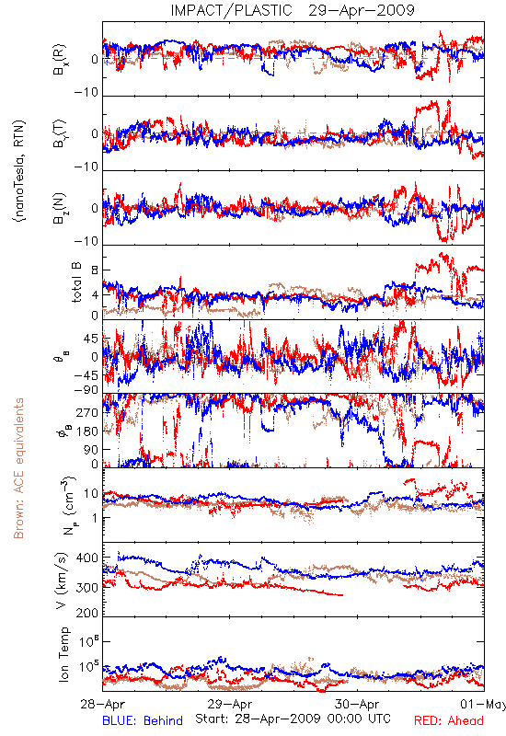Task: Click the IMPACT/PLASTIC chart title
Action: [x=231, y=10]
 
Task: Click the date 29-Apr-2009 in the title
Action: [x=362, y=10]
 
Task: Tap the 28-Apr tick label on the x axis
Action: [x=102, y=704]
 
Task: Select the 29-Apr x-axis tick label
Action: [x=230, y=704]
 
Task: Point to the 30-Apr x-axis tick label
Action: [x=357, y=704]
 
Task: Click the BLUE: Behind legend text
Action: [x=143, y=721]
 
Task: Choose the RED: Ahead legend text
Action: [x=449, y=721]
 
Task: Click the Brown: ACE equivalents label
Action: [x=18, y=468]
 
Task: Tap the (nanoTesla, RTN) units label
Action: [x=19, y=171]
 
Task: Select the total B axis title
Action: [x=76, y=282]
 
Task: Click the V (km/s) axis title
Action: [x=63, y=581]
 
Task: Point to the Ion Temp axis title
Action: [x=63, y=654]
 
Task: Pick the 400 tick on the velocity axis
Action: [x=87, y=558]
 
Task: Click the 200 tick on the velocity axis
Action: [x=87, y=613]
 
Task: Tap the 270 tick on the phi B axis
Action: [x=87, y=413]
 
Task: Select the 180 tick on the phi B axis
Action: [x=87, y=431]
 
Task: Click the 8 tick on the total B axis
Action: [x=95, y=270]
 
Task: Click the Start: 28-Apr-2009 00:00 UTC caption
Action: [x=293, y=719]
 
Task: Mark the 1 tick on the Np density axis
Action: [x=95, y=518]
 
